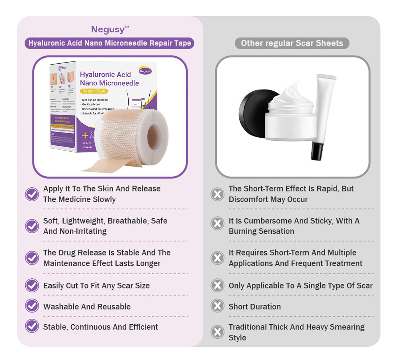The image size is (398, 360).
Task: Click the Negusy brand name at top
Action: point(109,29)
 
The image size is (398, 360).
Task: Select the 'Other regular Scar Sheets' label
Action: point(292,43)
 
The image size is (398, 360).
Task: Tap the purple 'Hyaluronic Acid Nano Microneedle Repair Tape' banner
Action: point(109,43)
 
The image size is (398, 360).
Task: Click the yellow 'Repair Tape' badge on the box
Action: point(94,91)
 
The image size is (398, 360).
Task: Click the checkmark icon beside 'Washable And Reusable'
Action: point(32,306)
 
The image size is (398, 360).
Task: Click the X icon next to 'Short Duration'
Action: point(217,306)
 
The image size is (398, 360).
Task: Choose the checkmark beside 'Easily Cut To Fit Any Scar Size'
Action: point(32,285)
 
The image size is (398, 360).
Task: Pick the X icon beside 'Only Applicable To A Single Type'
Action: point(217,285)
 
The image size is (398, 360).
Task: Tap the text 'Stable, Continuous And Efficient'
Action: point(101,327)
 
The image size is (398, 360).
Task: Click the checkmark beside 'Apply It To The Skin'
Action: point(32,194)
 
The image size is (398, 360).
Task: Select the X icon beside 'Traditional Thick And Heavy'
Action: point(217,332)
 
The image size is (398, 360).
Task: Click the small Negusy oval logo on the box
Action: point(146,71)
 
